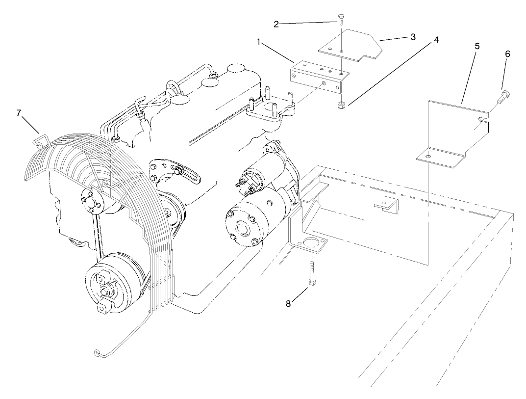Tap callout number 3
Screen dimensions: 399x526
(x=413, y=36)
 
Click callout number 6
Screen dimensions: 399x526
(x=507, y=54)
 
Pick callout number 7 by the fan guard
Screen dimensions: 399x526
(x=19, y=113)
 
